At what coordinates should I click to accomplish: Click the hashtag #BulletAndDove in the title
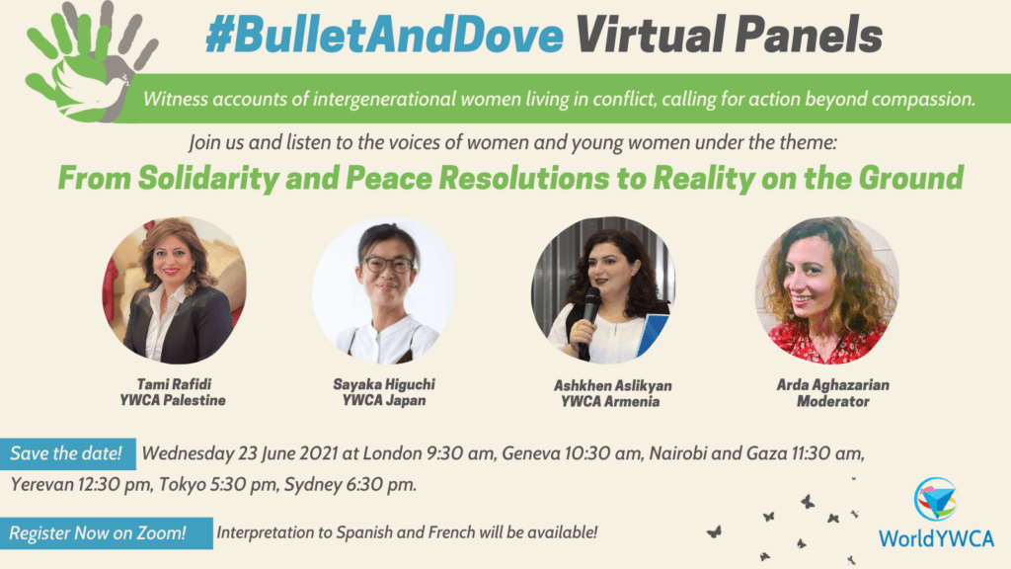(385, 35)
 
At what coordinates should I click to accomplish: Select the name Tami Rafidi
(174, 384)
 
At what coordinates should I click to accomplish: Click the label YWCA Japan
(384, 401)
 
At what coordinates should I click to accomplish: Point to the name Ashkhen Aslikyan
(612, 386)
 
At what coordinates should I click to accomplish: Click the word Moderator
(833, 401)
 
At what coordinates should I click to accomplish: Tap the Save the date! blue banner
(67, 453)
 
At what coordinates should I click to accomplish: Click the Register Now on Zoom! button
(107, 533)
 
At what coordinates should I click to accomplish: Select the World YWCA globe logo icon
(936, 499)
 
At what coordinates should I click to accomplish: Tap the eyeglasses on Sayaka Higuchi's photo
(389, 265)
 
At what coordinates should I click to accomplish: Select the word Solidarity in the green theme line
(208, 179)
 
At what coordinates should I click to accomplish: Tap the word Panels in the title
(809, 35)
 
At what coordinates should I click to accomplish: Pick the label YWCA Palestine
(173, 401)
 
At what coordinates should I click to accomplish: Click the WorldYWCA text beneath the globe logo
(936, 538)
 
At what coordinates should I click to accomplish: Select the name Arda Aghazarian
(833, 385)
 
